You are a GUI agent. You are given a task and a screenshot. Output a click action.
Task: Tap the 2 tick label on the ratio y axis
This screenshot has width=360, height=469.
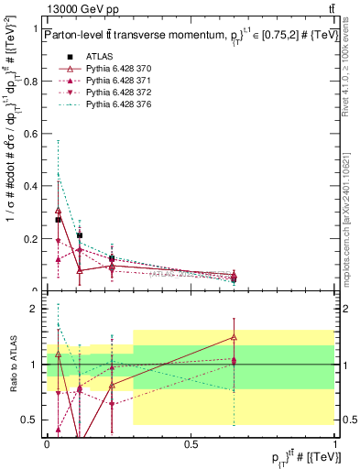tap(37, 309)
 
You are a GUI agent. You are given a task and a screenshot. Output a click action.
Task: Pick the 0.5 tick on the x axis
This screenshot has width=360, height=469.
tap(191, 443)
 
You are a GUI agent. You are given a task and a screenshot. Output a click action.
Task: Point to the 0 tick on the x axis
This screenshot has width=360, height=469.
tap(47, 443)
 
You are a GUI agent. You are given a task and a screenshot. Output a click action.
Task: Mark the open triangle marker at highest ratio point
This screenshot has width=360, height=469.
tap(235, 337)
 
